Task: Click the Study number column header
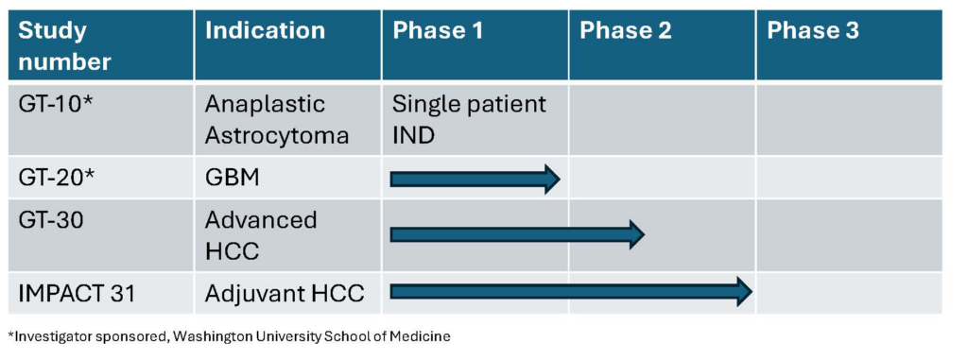tap(65, 46)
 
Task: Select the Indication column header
tap(265, 31)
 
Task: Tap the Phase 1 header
tap(438, 31)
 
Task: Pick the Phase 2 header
tap(626, 31)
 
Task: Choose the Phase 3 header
tap(812, 31)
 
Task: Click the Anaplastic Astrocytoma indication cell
tap(277, 119)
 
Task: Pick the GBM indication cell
tap(233, 179)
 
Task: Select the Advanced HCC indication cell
tap(261, 235)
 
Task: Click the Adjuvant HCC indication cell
tap(285, 293)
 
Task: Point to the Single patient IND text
tap(469, 119)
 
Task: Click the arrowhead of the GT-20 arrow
tap(552, 180)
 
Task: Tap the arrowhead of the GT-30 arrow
tap(637, 234)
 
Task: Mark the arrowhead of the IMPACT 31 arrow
tap(745, 291)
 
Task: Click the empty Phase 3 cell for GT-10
tap(850, 119)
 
